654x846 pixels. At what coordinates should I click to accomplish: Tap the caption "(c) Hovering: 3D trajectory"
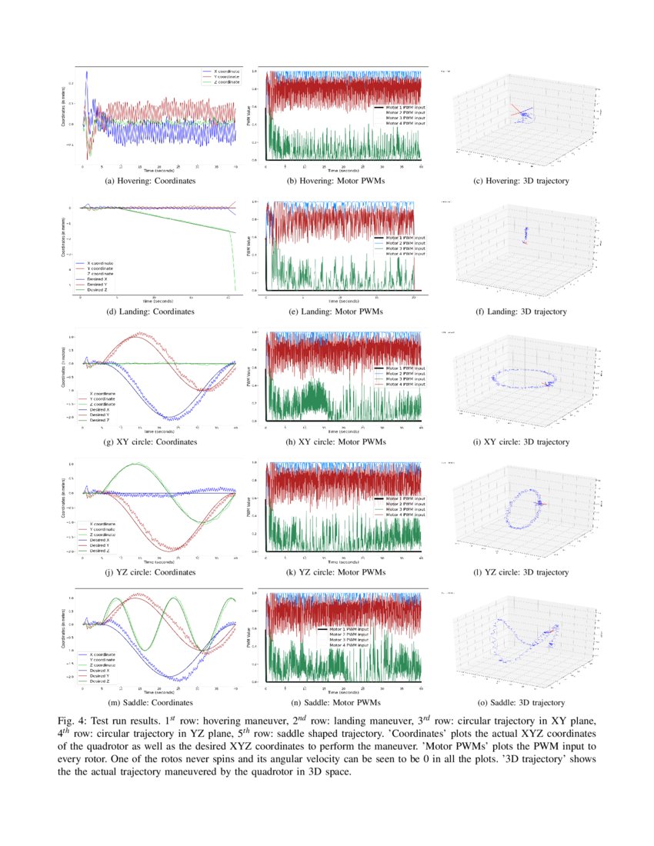521,181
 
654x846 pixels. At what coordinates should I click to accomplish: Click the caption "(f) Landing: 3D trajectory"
521,311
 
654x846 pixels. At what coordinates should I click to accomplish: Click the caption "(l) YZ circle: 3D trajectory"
521,572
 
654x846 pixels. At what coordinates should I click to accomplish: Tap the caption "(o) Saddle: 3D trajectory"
521,702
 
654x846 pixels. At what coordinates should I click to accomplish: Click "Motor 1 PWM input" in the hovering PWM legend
401,107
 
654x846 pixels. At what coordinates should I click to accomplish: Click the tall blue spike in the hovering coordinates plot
87,75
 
